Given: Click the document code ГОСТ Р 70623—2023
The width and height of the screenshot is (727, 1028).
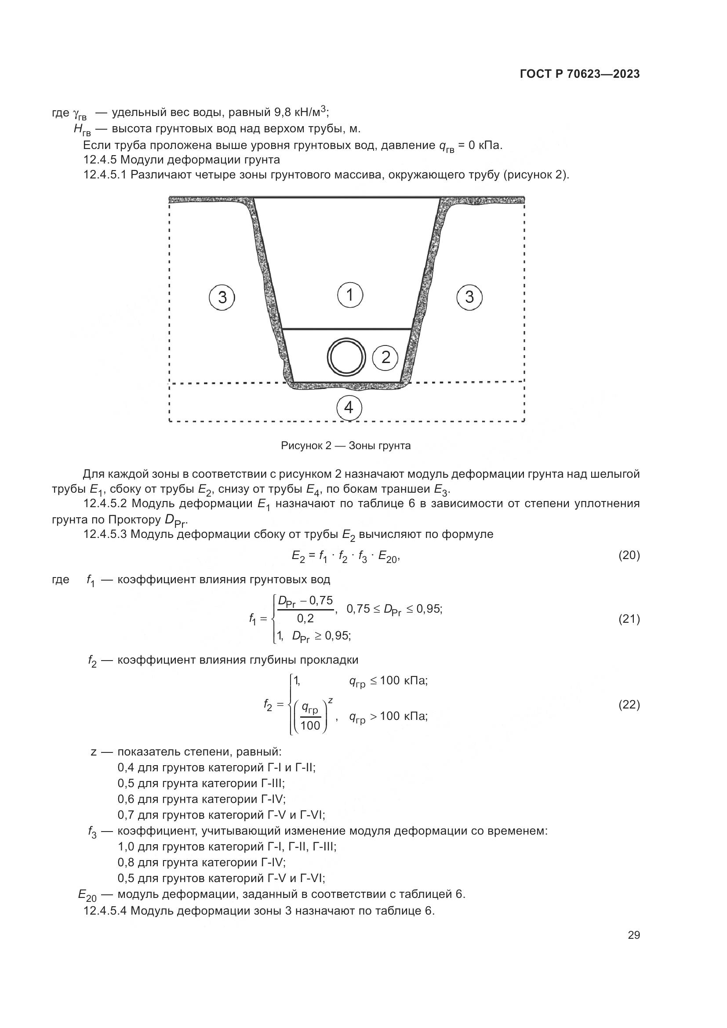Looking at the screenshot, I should (580, 74).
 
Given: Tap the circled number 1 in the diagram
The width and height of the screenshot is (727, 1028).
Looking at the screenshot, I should (349, 295).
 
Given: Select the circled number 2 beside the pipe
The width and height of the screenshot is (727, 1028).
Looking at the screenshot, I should (385, 357).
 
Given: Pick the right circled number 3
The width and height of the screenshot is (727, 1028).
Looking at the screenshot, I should (469, 297).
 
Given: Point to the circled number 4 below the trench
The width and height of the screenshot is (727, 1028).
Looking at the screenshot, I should (349, 407).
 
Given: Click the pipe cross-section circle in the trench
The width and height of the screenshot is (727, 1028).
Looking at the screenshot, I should (346, 357).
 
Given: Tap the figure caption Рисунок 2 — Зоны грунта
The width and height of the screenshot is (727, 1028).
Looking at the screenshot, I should (345, 446).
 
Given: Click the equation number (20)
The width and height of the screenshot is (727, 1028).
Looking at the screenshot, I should (629, 556).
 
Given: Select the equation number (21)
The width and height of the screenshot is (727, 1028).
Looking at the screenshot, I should (629, 619).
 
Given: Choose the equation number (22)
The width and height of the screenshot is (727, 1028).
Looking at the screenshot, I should (629, 705).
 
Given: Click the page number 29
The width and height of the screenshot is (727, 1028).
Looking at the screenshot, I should (634, 935).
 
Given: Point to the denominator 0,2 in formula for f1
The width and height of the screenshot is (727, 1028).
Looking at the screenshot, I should (305, 618).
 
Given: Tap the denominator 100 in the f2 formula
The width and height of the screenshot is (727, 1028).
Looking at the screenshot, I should (310, 726).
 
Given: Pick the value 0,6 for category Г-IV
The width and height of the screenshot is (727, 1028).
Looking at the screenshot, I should (126, 799).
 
